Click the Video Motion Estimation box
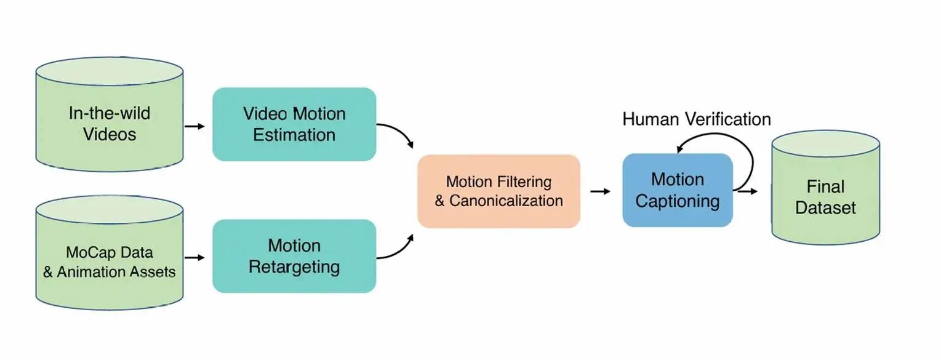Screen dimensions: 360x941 point(294,124)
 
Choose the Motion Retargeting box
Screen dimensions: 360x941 point(294,256)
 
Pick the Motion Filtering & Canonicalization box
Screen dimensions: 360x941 point(499,191)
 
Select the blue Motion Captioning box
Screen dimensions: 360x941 point(677,190)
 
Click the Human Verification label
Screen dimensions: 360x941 point(697,119)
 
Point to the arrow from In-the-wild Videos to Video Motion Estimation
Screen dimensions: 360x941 point(194,126)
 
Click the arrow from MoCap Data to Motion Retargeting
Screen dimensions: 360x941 point(194,258)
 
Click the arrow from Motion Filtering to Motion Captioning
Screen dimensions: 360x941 point(600,191)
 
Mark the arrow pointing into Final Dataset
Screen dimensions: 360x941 point(749,191)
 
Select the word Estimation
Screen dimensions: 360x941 point(294,135)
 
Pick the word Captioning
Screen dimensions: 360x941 point(677,201)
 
